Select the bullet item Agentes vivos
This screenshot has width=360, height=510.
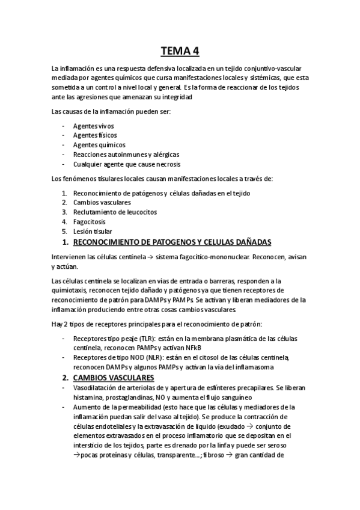93,126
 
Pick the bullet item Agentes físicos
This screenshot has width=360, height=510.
94,135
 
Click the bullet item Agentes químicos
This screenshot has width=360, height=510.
99,145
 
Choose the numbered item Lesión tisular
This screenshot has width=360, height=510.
92,232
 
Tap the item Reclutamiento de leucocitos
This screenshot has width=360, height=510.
117,212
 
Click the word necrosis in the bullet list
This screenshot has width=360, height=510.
166,164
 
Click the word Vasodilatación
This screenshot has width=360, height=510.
98,387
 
